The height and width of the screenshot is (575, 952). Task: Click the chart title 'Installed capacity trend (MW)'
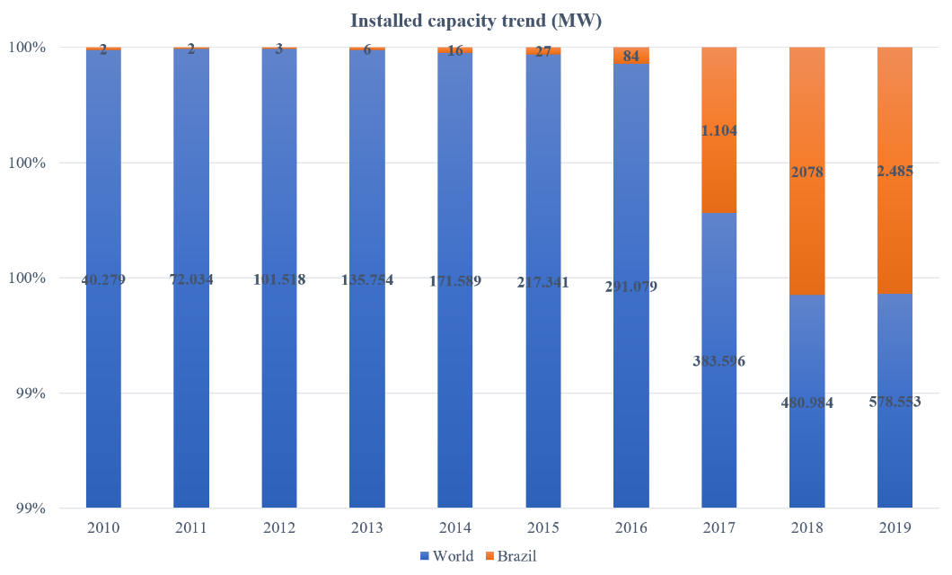click(476, 20)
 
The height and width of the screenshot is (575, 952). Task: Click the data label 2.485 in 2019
click(895, 171)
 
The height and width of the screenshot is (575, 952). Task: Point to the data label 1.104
click(718, 130)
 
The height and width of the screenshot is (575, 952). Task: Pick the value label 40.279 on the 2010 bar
click(103, 279)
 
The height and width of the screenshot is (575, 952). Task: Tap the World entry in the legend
click(447, 556)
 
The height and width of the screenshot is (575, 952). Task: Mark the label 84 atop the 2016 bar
click(630, 57)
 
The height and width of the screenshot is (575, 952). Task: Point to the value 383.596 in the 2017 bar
click(718, 361)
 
